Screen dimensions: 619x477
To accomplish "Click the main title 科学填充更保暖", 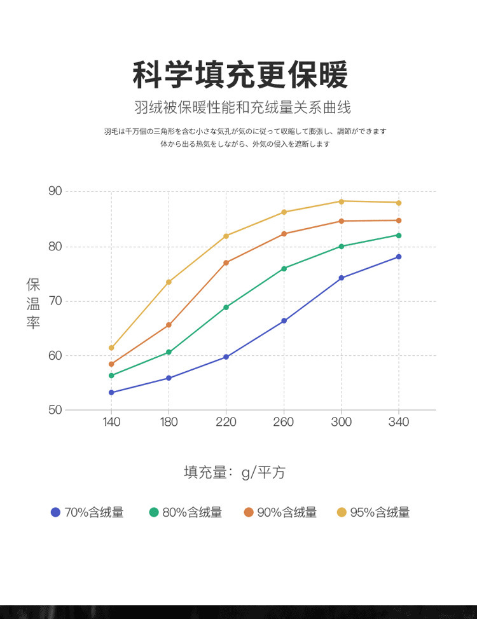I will click(240, 76).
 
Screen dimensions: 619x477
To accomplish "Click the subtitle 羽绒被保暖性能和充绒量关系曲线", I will click(242, 107).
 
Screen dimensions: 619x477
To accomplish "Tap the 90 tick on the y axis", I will click(55, 191).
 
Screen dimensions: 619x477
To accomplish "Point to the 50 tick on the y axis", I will click(55, 410).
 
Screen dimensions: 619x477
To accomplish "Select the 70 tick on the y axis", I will click(55, 301).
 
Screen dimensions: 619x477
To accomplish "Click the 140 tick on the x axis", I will click(111, 423).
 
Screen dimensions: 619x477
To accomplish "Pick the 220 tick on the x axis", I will click(226, 423).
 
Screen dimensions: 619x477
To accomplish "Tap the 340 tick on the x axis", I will click(399, 423).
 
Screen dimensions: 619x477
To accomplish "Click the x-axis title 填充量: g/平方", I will click(235, 473).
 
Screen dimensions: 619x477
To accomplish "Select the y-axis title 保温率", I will click(33, 303).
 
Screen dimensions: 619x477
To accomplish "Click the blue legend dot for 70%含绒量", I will click(55, 512).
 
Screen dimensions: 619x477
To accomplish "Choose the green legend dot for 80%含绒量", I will click(154, 512).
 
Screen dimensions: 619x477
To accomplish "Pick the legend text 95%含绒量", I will click(380, 512).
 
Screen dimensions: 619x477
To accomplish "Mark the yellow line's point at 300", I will click(342, 201).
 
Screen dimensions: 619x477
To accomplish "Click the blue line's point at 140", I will click(111, 393).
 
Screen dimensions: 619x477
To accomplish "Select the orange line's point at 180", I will click(169, 325).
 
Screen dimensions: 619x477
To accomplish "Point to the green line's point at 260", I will click(284, 269).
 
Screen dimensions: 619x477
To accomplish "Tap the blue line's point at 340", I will click(399, 257).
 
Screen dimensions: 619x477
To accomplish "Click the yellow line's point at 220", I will click(226, 236).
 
